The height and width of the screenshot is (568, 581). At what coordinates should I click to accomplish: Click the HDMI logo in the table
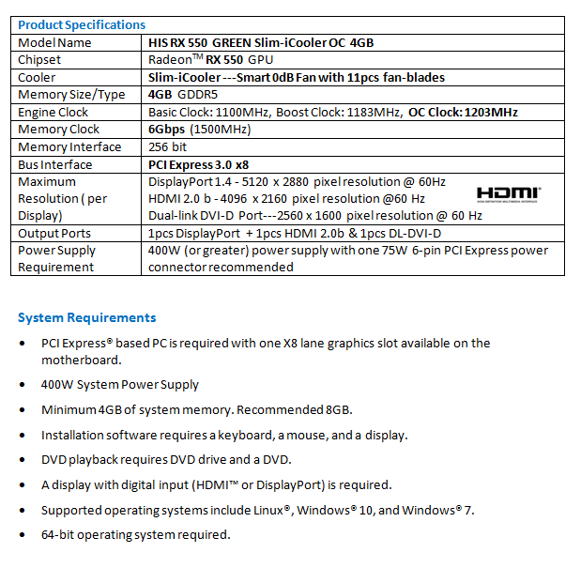509,193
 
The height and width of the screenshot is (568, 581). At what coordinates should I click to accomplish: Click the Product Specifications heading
82,24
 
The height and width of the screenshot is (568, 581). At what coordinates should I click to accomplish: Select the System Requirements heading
86,317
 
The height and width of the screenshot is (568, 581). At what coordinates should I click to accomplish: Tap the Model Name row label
55,42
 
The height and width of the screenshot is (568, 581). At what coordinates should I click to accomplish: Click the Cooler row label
38,77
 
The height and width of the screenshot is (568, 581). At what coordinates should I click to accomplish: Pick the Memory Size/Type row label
71,95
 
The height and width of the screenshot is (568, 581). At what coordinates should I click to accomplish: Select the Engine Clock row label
54,112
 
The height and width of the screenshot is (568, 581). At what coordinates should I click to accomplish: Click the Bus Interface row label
56,163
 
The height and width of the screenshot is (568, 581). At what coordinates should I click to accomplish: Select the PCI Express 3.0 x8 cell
198,163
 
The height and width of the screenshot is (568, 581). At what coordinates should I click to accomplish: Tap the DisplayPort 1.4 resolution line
297,181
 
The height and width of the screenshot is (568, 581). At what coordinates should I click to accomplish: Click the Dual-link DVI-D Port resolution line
315,216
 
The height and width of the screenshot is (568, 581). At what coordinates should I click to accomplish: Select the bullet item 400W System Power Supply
120,384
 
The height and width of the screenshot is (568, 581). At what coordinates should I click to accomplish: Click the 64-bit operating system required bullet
135,534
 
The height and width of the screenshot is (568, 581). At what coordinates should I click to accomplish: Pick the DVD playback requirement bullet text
166,459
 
